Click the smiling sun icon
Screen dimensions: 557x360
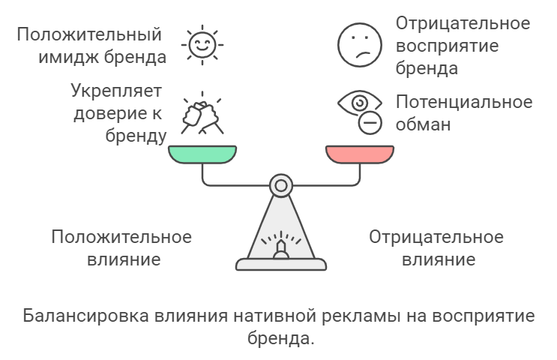202,45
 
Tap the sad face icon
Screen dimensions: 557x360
360,45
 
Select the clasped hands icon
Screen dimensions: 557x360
202,113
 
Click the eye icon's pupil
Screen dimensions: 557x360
360,103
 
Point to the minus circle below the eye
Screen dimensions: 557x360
370,123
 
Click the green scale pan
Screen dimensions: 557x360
202,154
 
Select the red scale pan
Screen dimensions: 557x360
360,154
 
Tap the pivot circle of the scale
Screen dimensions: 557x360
281,185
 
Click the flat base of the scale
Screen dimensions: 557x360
281,265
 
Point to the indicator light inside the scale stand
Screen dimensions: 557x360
280,249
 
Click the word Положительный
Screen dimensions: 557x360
89,35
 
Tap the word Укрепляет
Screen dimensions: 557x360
116,91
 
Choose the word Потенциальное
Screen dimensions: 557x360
464,102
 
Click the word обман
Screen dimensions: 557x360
423,124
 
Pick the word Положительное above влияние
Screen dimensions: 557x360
121,237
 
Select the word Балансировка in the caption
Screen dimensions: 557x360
85,316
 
